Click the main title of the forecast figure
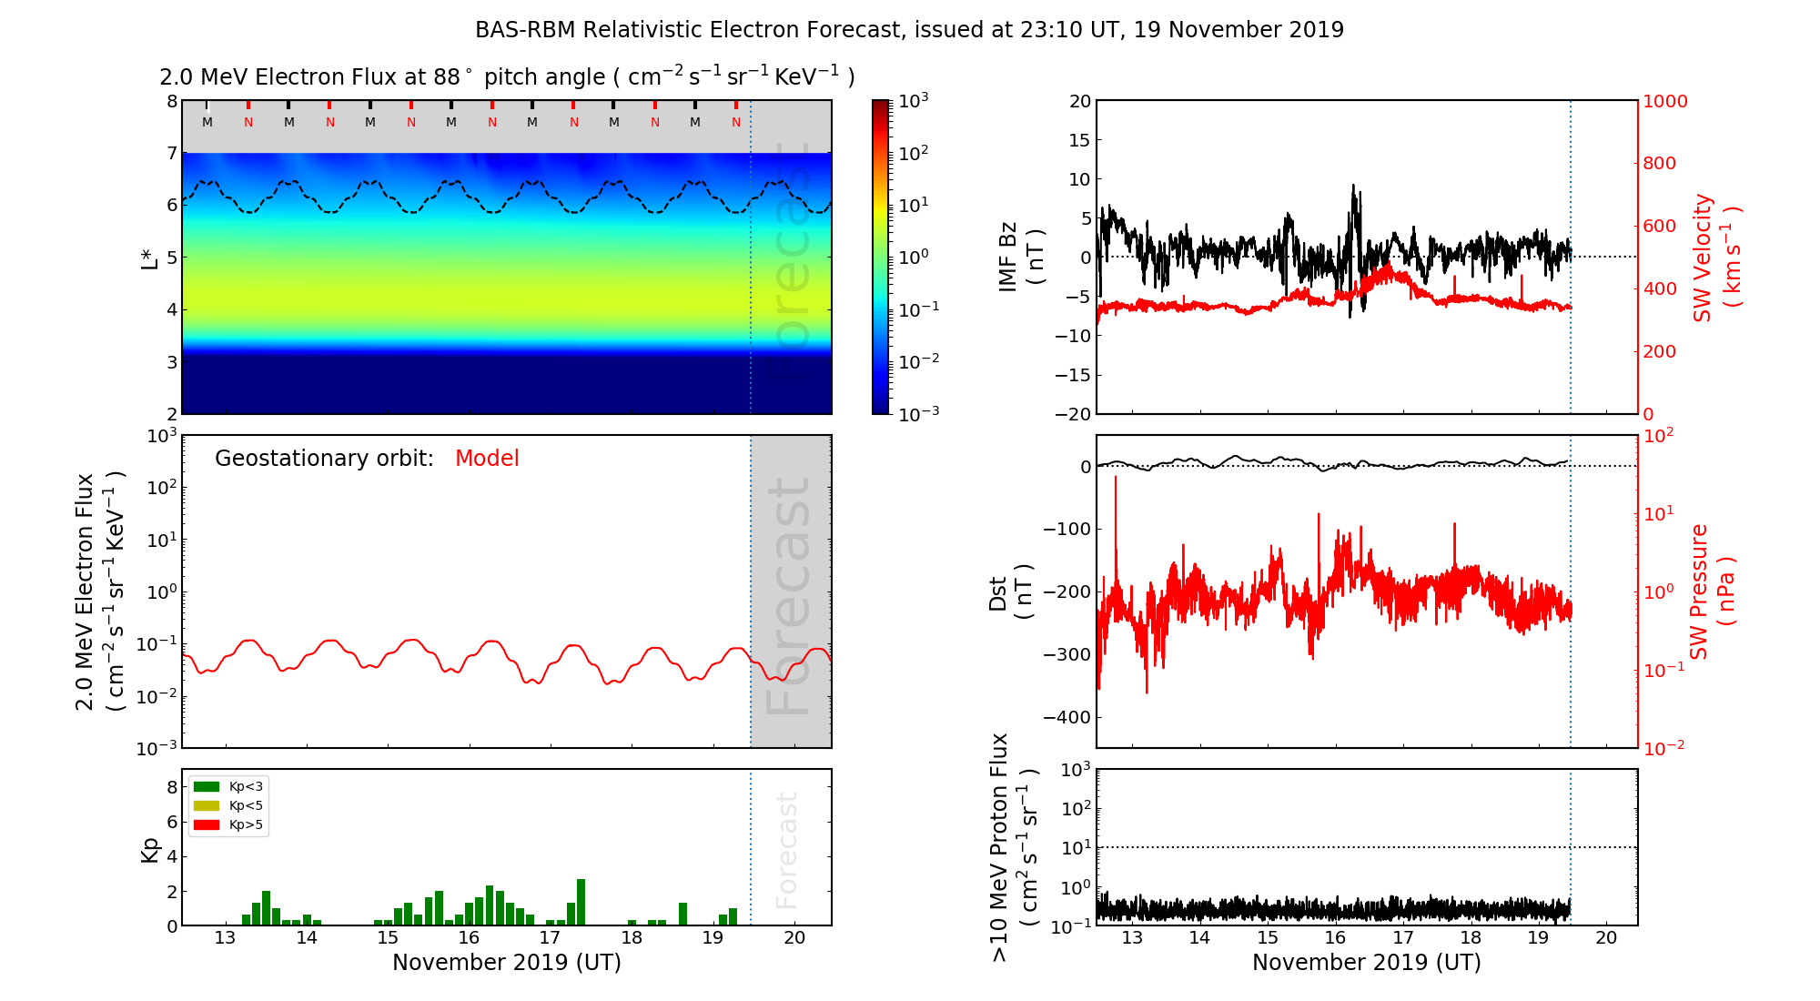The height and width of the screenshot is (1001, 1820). click(x=909, y=30)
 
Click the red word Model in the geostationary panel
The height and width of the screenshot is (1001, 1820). click(x=487, y=459)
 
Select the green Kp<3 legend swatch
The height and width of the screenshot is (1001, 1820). click(x=207, y=786)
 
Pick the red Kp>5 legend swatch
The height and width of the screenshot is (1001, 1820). click(x=207, y=825)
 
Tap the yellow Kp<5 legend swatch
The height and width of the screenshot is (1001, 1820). click(x=207, y=805)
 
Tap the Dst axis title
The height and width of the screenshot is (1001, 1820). click(x=1010, y=591)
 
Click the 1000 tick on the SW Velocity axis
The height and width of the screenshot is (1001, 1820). click(x=1664, y=101)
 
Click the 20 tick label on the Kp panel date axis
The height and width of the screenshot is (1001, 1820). click(x=794, y=938)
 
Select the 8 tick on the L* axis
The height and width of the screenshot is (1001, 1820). click(x=171, y=101)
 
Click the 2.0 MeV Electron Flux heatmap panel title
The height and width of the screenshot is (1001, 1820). click(x=506, y=77)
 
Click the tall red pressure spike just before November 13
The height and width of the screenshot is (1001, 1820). click(x=1116, y=478)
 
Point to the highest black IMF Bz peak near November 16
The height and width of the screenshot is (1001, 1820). click(x=1353, y=187)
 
